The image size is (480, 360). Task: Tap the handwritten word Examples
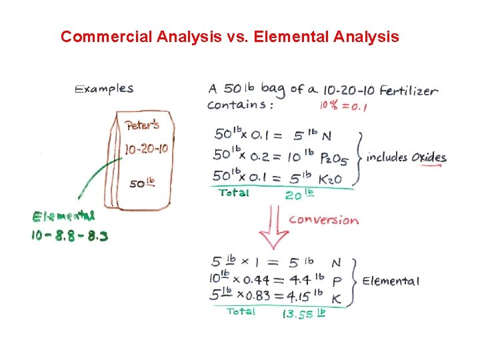[104, 89]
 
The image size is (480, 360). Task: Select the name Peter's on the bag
[142, 125]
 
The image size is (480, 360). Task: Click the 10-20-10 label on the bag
[146, 149]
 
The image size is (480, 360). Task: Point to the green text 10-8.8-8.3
[69, 235]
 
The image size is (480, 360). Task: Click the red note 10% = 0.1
[344, 106]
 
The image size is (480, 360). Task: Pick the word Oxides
[428, 158]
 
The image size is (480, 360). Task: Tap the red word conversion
[323, 220]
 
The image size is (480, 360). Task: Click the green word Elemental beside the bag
[64, 216]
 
